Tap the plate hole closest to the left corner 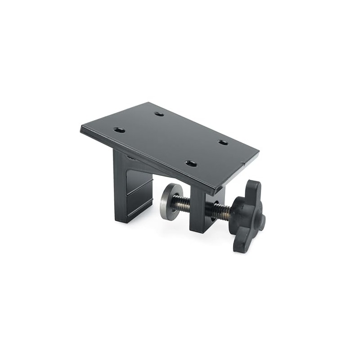[119, 130]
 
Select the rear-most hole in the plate [159, 114]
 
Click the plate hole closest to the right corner [223, 143]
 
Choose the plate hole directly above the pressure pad [191, 163]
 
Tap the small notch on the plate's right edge [243, 163]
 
